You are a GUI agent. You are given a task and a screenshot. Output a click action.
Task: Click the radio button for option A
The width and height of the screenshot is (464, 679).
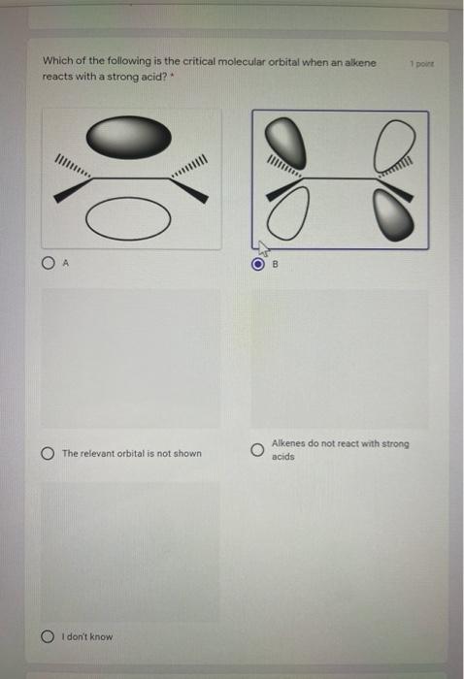click(x=49, y=261)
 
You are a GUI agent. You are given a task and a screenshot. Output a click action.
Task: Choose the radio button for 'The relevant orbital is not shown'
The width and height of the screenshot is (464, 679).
click(x=49, y=453)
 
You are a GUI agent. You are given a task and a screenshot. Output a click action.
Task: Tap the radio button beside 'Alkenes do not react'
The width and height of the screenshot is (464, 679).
click(x=256, y=451)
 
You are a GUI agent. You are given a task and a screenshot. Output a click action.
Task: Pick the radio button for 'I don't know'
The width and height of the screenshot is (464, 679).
click(x=49, y=636)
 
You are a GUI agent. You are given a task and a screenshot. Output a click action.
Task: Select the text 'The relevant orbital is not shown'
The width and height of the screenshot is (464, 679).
click(x=131, y=453)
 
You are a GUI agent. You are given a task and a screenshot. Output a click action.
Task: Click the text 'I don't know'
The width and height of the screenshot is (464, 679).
click(x=87, y=636)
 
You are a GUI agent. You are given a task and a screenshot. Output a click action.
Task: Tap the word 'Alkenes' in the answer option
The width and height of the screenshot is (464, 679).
click(x=288, y=443)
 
